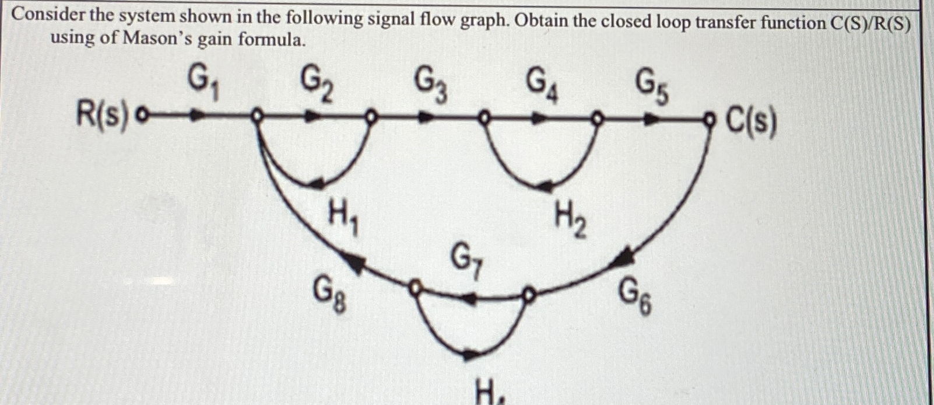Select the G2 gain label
317,83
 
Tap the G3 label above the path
430,84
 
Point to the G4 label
542,85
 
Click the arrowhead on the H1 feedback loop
315,183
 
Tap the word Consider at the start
49,16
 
